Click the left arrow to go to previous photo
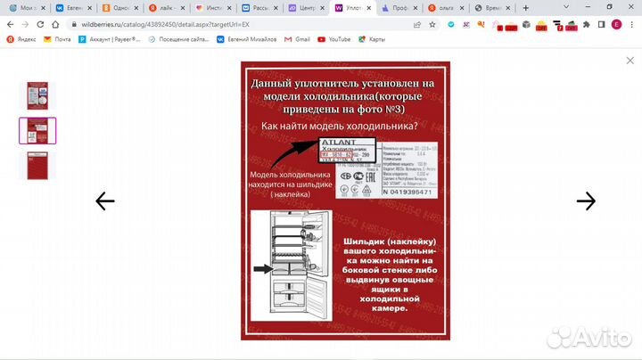coord(105,201)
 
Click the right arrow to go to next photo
coord(586,201)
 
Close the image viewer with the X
coord(630,61)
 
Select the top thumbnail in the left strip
coord(37,96)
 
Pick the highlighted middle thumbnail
coord(37,131)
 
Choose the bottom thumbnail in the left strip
coord(37,166)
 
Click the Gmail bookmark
coord(301,39)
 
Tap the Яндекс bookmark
coord(22,39)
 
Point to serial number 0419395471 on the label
coord(406,192)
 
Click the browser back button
coord(11,24)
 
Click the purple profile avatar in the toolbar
coord(616,24)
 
